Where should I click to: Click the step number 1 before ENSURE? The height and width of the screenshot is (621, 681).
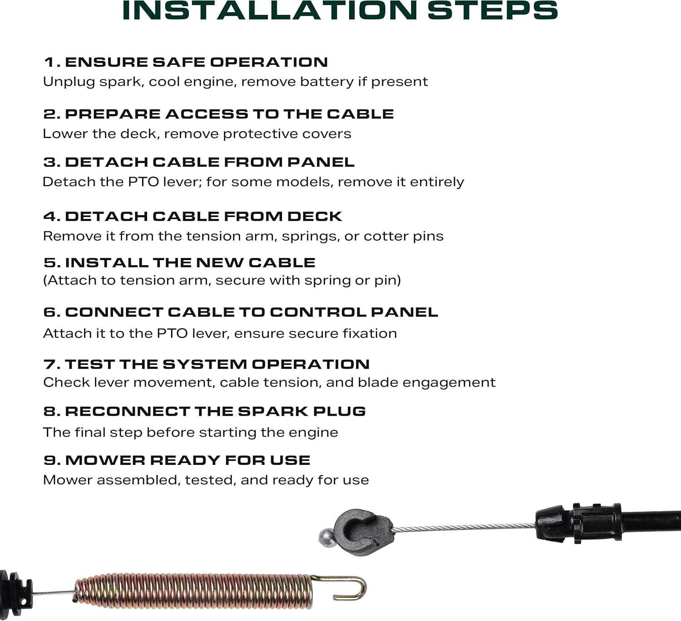pyautogui.click(x=50, y=62)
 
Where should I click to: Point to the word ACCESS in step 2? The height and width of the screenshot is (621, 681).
pyautogui.click(x=207, y=114)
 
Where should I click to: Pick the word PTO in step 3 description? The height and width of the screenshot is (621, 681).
pyautogui.click(x=143, y=182)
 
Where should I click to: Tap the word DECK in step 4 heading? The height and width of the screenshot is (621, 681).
pyautogui.click(x=315, y=217)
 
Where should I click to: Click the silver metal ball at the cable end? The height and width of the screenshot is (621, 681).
pyautogui.click(x=325, y=537)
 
